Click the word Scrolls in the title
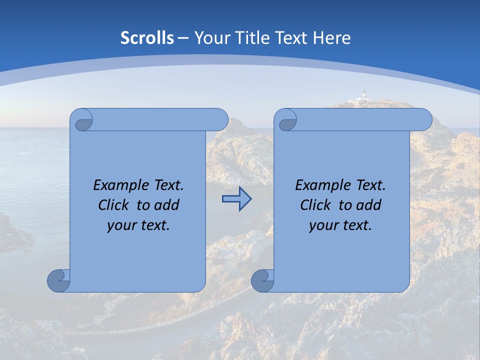[x=147, y=38]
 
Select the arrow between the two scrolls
[x=236, y=199]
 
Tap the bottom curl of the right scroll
[x=263, y=280]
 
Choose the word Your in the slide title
[x=209, y=38]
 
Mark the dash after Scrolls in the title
[x=183, y=38]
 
